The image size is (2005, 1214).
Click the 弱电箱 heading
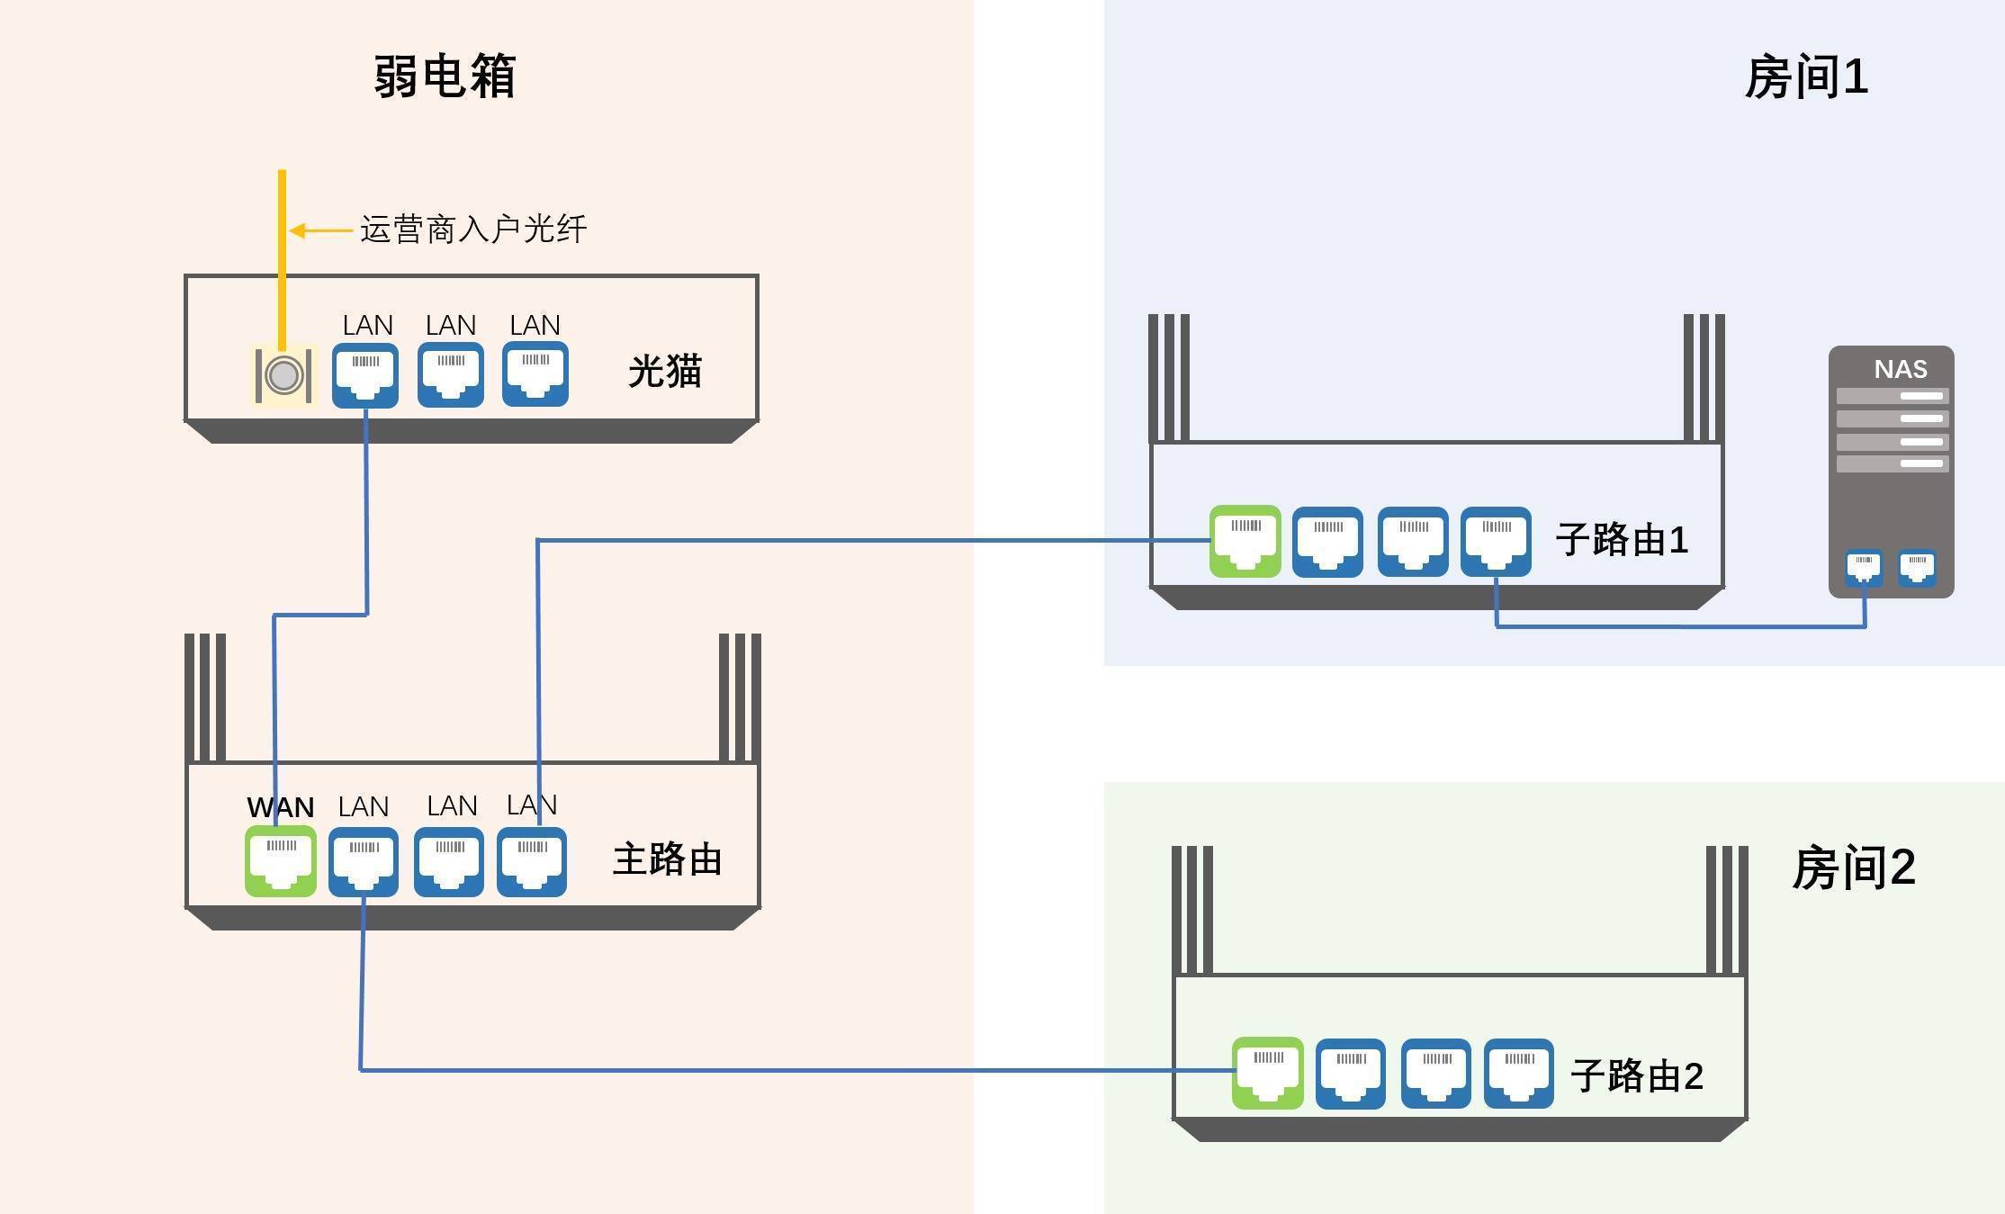pyautogui.click(x=445, y=76)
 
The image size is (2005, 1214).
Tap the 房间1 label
pyautogui.click(x=1805, y=78)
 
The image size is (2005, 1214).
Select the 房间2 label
pyautogui.click(x=1853, y=868)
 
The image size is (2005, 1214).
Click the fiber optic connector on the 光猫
pyautogui.click(x=283, y=375)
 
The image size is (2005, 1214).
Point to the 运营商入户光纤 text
pyautogui.click(x=473, y=229)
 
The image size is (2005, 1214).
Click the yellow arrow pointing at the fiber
pyautogui.click(x=319, y=231)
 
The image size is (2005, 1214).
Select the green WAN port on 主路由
pyautogui.click(x=281, y=860)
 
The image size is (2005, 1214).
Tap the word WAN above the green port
pyautogui.click(x=280, y=807)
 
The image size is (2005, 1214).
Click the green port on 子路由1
pyautogui.click(x=1245, y=541)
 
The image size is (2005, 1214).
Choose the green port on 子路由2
pyautogui.click(x=1267, y=1073)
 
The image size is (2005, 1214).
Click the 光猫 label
pyautogui.click(x=664, y=372)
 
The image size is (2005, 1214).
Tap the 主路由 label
pyautogui.click(x=667, y=859)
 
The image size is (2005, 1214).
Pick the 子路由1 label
pyautogui.click(x=1621, y=540)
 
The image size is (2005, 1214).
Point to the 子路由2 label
pyautogui.click(x=1636, y=1076)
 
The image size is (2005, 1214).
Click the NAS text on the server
pyautogui.click(x=1900, y=369)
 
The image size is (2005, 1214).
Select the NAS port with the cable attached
pyautogui.click(x=1864, y=568)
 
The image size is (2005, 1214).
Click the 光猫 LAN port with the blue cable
pyautogui.click(x=365, y=375)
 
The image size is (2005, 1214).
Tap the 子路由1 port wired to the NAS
pyautogui.click(x=1496, y=541)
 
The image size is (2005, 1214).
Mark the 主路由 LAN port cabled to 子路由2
pyautogui.click(x=364, y=861)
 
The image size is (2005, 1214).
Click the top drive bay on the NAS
pyautogui.click(x=1892, y=396)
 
